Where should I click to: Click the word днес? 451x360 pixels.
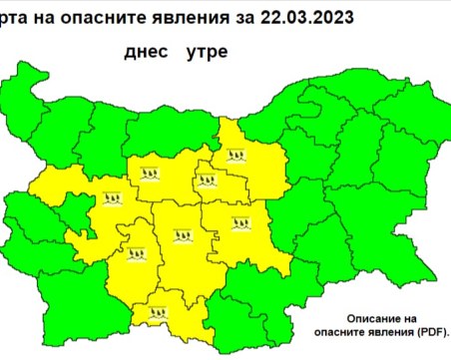(x=148, y=50)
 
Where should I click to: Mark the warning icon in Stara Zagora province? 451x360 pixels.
(x=244, y=224)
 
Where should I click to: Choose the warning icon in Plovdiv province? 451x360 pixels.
(x=184, y=237)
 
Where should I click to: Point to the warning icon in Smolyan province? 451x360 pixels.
(x=160, y=312)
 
